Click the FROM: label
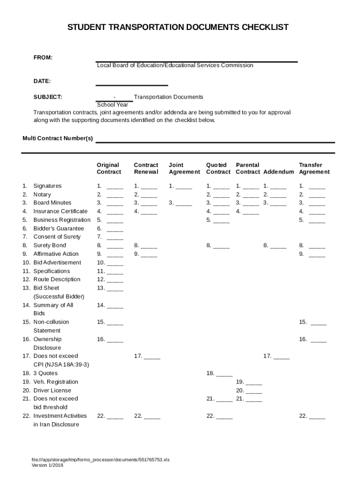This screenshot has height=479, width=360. pyautogui.click(x=43, y=58)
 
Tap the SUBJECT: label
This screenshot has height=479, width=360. pyautogui.click(x=48, y=97)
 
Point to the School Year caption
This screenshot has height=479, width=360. pyautogui.click(x=112, y=105)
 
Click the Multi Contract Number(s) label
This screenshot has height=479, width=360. pyautogui.click(x=58, y=139)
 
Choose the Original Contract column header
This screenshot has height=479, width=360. pyautogui.click(x=108, y=168)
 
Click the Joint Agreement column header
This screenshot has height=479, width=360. pyautogui.click(x=184, y=168)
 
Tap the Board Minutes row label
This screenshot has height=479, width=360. pyautogui.click(x=52, y=203)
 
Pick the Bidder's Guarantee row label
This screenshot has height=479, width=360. pyautogui.click(x=58, y=228)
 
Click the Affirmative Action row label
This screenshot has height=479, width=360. pyautogui.click(x=56, y=254)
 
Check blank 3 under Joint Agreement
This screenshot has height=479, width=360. pyautogui.click(x=184, y=203)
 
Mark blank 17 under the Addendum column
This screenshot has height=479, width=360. pyautogui.click(x=281, y=357)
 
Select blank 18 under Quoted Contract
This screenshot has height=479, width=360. pyautogui.click(x=224, y=374)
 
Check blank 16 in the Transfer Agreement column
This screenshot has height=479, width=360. pyautogui.click(x=318, y=340)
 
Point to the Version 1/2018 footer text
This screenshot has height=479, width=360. pyautogui.click(x=47, y=465)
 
